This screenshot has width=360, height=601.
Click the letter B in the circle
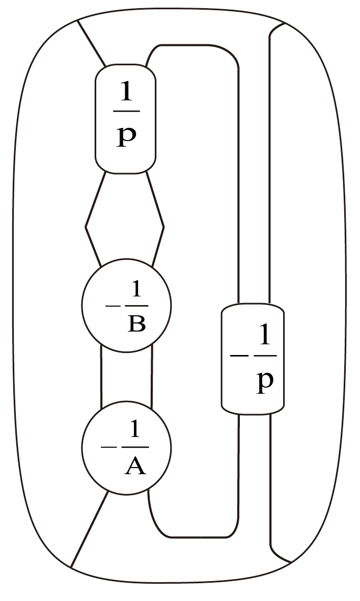[x=136, y=323]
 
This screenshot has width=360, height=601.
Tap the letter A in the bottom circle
[x=135, y=466]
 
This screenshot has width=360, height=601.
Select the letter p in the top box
[x=126, y=136]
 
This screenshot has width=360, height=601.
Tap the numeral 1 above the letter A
[x=135, y=431]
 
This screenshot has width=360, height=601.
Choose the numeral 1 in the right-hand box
[x=264, y=337]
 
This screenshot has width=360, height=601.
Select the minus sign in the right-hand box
[x=238, y=356]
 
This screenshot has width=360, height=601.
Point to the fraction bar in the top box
[x=126, y=111]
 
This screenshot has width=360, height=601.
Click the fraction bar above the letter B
[x=136, y=306]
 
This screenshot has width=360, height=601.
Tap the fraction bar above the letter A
[x=135, y=447]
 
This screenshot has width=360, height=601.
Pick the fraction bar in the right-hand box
[x=264, y=356]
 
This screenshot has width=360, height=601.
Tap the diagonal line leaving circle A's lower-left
[x=90, y=530]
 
